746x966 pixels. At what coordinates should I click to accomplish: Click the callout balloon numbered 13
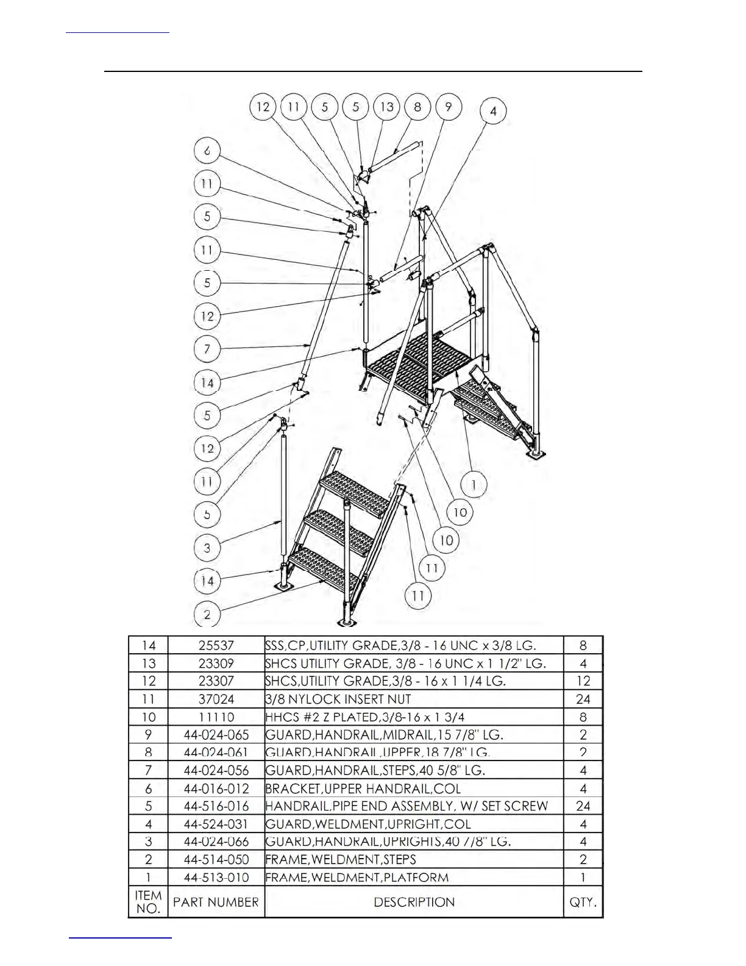(x=386, y=107)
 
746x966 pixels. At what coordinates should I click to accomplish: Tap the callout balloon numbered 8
(x=417, y=107)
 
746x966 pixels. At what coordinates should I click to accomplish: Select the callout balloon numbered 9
(x=449, y=107)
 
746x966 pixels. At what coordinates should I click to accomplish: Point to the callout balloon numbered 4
(x=493, y=112)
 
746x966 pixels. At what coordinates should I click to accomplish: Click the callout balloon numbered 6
(x=207, y=151)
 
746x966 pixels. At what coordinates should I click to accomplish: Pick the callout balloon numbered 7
(x=207, y=349)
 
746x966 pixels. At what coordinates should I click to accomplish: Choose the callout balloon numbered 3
(x=207, y=548)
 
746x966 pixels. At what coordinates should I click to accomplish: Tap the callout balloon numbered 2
(x=207, y=614)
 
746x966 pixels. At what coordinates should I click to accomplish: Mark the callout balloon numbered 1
(x=474, y=485)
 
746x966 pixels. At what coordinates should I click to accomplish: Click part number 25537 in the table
(x=216, y=645)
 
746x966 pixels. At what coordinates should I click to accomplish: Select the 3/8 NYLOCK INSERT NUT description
(x=338, y=699)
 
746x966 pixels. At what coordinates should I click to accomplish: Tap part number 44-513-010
(x=216, y=877)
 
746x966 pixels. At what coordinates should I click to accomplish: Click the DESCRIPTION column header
(x=414, y=902)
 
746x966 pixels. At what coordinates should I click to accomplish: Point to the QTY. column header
(x=583, y=902)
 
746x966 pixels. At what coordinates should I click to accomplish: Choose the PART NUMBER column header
(x=216, y=902)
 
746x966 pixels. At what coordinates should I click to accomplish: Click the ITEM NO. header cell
(x=148, y=902)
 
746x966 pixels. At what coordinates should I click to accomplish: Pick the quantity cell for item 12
(x=583, y=681)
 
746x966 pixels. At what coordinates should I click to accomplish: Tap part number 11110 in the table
(x=216, y=717)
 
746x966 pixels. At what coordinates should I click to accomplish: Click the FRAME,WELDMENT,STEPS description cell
(x=341, y=859)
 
